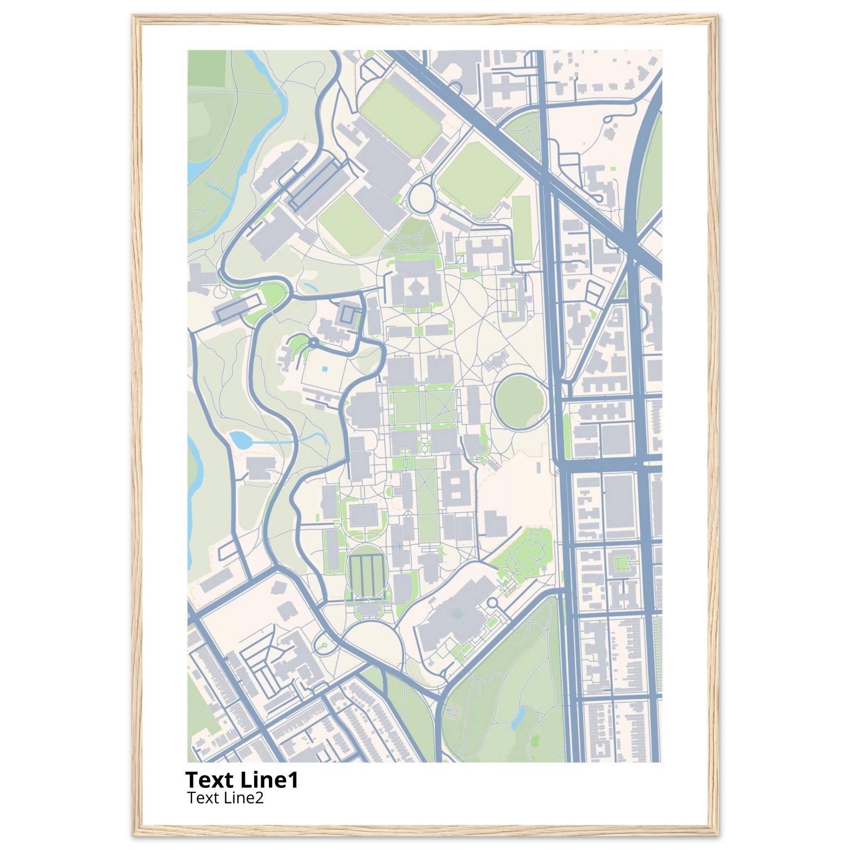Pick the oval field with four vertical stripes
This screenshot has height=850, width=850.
point(366,576)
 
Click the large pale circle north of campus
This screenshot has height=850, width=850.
point(422,198)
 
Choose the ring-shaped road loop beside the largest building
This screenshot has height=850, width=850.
point(493,602)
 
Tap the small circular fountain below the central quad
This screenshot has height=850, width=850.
point(425,448)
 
